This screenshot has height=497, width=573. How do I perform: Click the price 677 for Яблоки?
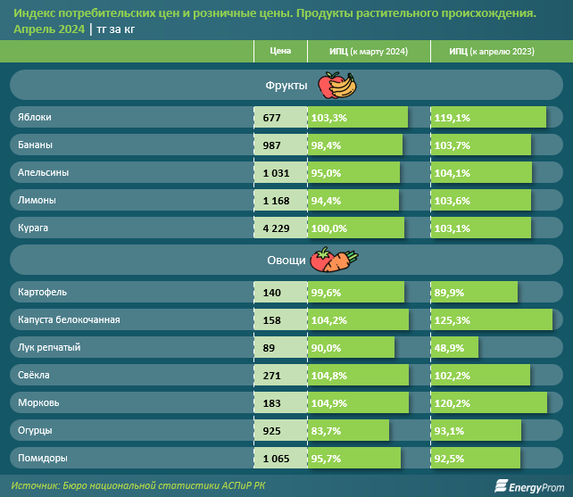pyautogui.click(x=271, y=118)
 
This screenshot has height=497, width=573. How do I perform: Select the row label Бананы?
pyautogui.click(x=35, y=145)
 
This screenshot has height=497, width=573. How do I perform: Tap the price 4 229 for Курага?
pyautogui.click(x=276, y=228)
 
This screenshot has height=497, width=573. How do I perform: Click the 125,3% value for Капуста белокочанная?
pyautogui.click(x=453, y=319)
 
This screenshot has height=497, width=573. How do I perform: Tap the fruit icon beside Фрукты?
pyautogui.click(x=337, y=85)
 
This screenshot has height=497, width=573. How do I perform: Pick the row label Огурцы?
pyautogui.click(x=35, y=431)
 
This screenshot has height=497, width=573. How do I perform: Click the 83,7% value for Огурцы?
pyautogui.click(x=328, y=431)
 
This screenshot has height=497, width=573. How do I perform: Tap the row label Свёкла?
pyautogui.click(x=34, y=376)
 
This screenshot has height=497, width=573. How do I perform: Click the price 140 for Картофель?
pyautogui.click(x=271, y=292)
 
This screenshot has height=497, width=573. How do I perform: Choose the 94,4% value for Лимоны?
pyautogui.click(x=328, y=201)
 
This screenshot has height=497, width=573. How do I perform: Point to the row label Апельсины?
pyautogui.click(x=43, y=173)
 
